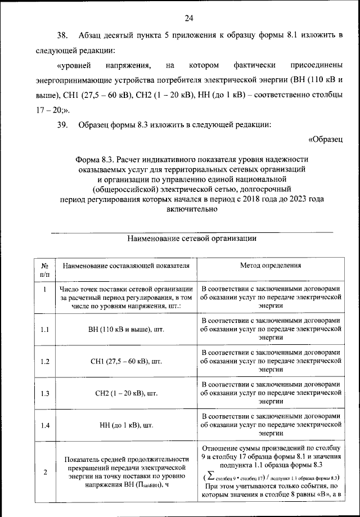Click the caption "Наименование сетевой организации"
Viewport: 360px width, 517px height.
point(192,238)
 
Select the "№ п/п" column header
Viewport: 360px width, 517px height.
point(45,269)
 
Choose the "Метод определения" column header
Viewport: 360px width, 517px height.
point(271,265)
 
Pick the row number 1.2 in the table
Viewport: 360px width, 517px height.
point(45,361)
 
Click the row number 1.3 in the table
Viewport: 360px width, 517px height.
point(45,393)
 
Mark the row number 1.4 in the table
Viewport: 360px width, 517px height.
point(45,425)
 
